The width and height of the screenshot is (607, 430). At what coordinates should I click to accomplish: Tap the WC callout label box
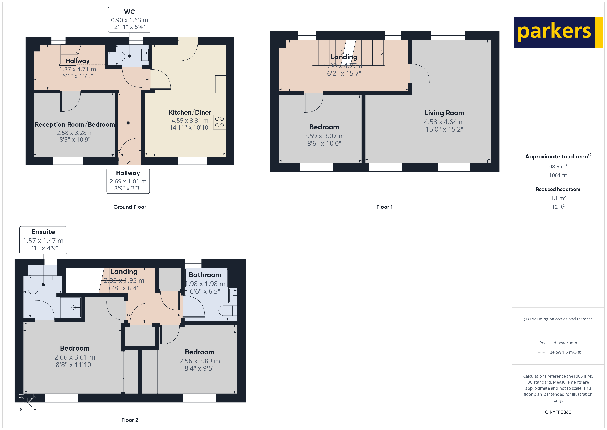click(130, 20)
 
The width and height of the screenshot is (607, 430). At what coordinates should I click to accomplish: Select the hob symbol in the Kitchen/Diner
click(219, 122)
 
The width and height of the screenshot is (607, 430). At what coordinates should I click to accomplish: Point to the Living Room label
click(444, 113)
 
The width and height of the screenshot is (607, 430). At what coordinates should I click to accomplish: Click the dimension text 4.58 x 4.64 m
click(444, 122)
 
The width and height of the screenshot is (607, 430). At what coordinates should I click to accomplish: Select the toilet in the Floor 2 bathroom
click(228, 310)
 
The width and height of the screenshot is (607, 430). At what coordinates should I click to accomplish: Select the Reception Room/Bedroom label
click(75, 124)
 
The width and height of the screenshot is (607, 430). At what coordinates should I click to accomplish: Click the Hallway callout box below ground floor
click(128, 181)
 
